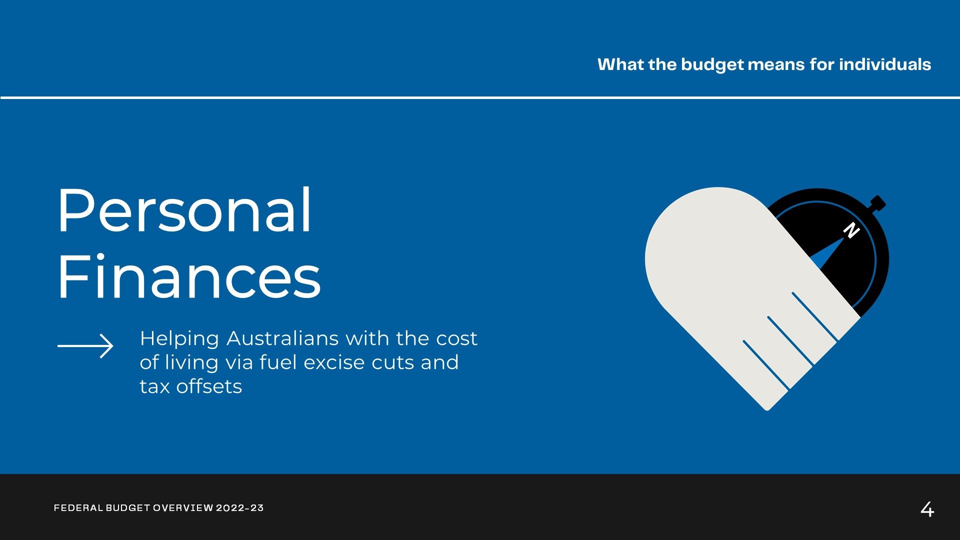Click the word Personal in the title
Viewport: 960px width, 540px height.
[x=184, y=210]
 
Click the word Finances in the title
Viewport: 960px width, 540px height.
[x=189, y=276]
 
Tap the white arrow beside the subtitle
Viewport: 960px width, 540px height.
[x=85, y=345]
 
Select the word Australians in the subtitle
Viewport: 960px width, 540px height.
[x=282, y=338]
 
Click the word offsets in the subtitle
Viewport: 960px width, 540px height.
[x=209, y=386]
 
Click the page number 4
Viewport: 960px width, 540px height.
[x=927, y=509]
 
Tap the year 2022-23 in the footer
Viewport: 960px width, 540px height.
[x=239, y=508]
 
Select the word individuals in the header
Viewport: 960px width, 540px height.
[x=885, y=64]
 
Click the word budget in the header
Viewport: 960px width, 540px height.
[x=712, y=65]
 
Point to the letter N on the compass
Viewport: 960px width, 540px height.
[x=851, y=230]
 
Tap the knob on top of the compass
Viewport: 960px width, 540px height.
[x=877, y=203]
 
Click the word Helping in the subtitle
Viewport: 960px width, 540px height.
[x=179, y=339]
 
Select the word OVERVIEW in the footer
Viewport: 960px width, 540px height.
[x=183, y=508]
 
